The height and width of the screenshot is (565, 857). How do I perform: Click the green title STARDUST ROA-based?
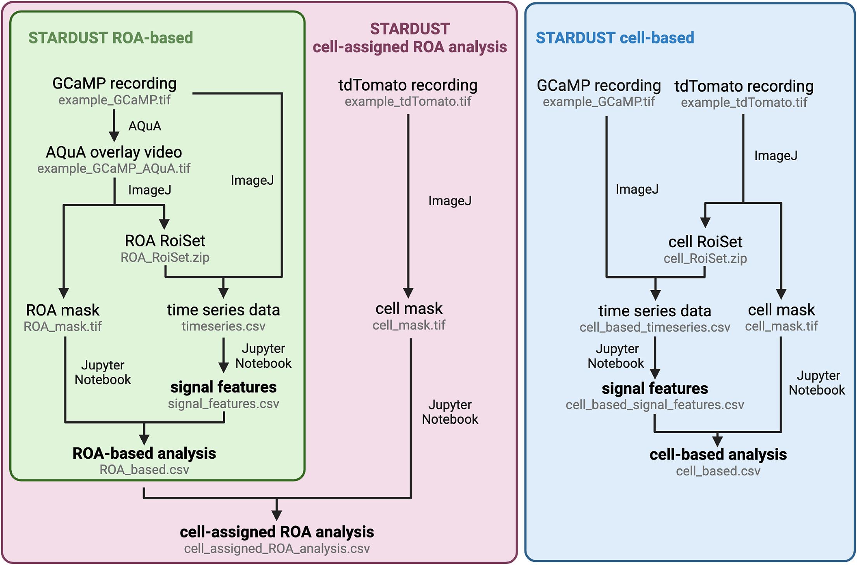pyautogui.click(x=111, y=38)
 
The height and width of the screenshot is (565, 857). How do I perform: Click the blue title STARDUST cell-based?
pyautogui.click(x=615, y=38)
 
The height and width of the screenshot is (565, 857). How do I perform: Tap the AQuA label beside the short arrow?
pyautogui.click(x=145, y=126)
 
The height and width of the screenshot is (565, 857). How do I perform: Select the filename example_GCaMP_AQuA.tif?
pyautogui.click(x=114, y=168)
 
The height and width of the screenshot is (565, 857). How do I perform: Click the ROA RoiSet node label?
pyautogui.click(x=165, y=241)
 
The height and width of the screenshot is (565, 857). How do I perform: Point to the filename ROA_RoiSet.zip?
pyautogui.click(x=165, y=258)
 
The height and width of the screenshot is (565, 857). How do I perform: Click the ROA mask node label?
pyautogui.click(x=62, y=310)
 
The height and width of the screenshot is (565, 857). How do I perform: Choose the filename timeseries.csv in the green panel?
pyautogui.click(x=224, y=326)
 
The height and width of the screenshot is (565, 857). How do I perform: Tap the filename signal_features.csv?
pyautogui.click(x=224, y=404)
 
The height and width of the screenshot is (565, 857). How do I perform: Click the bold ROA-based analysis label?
pyautogui.click(x=144, y=454)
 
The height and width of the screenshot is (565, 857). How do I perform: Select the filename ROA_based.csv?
pyautogui.click(x=144, y=470)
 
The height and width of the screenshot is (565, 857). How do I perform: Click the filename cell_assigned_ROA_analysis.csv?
pyautogui.click(x=277, y=549)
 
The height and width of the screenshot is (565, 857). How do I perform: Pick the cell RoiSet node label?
pyautogui.click(x=705, y=242)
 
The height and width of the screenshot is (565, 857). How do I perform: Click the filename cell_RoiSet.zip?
pyautogui.click(x=705, y=258)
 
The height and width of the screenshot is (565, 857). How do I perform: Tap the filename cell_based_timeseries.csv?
pyautogui.click(x=655, y=328)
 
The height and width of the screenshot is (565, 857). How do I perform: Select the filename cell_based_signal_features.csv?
pyautogui.click(x=655, y=405)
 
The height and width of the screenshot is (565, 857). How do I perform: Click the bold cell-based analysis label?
pyautogui.click(x=718, y=455)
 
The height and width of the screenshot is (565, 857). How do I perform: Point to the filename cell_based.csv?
pyautogui.click(x=718, y=471)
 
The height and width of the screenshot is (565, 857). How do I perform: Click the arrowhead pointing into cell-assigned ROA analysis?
pyautogui.click(x=277, y=515)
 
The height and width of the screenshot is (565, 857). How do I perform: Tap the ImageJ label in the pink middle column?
pyautogui.click(x=450, y=201)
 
